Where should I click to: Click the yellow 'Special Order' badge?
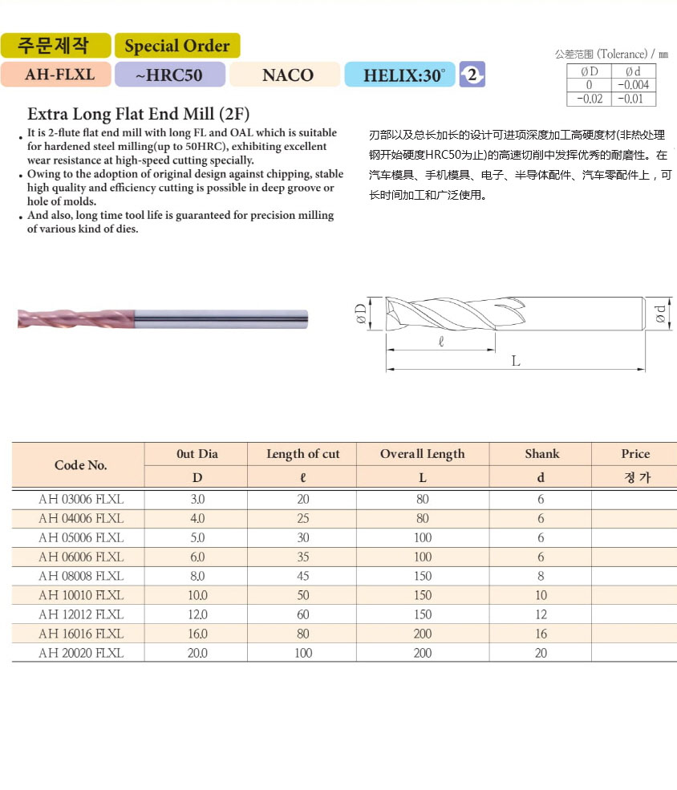[x=176, y=46]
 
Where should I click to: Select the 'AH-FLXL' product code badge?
[x=59, y=75]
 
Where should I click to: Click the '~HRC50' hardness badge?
[x=168, y=75]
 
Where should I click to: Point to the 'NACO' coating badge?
[x=287, y=75]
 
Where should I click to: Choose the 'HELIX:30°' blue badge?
[x=399, y=75]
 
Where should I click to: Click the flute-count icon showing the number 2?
[x=472, y=75]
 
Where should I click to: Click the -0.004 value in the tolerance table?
[x=633, y=85]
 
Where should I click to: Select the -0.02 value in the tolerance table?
[x=589, y=99]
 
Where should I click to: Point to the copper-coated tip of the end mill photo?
[x=32, y=318]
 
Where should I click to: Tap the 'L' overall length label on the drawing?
[x=516, y=361]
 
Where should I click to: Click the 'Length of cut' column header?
[x=302, y=454]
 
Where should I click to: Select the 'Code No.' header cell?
[x=80, y=465]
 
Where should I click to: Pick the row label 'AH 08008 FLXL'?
[x=81, y=576]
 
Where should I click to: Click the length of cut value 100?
[x=302, y=653]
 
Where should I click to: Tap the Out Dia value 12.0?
[x=197, y=614]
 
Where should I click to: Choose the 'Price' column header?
[x=635, y=454]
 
